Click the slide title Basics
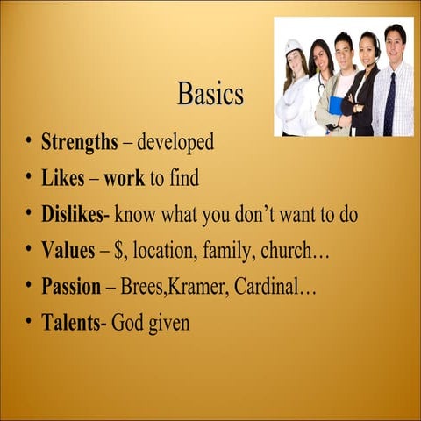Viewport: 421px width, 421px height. pos(210,93)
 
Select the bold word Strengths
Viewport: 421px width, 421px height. pos(79,141)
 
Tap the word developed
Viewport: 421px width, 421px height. pos(175,141)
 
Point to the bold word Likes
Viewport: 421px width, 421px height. pos(63,178)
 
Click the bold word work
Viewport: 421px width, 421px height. pos(124,178)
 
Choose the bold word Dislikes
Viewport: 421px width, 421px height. pos(75,214)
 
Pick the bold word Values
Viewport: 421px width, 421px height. pos(68,250)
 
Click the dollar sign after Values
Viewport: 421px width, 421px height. pos(117,251)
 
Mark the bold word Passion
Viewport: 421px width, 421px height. pos(72,287)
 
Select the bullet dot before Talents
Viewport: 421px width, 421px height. pos(28,323)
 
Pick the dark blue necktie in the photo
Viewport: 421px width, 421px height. pos(389,103)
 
